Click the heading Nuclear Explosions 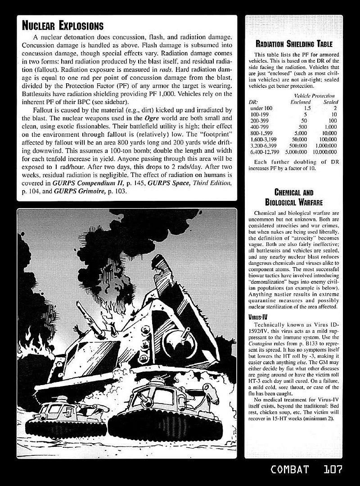coord(63,26)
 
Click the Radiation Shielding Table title coord(293,44)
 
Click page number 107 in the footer coord(333,469)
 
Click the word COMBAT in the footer coord(290,469)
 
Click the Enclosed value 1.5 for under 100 coord(307,109)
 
